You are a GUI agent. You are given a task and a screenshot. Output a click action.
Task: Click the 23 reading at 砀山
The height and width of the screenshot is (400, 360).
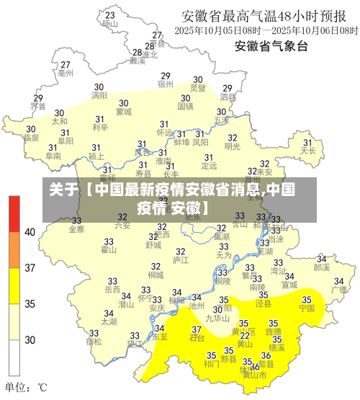pos(109,14)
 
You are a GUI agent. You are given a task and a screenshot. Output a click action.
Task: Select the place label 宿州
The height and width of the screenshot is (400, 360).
pos(166,84)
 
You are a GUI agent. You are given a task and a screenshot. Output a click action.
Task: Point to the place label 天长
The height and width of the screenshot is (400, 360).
pos(308,151)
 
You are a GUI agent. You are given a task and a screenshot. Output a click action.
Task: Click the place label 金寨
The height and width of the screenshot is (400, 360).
pos(76,229)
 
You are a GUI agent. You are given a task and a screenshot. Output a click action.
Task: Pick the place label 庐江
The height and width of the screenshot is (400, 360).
pos(180,259)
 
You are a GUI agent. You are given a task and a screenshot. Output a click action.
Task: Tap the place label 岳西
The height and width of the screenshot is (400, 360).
pos(112,289)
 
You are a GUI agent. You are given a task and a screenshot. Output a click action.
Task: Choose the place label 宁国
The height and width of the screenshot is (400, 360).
pos(307,308)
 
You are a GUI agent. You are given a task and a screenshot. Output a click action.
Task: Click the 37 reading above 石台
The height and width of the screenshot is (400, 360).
pos(196,329)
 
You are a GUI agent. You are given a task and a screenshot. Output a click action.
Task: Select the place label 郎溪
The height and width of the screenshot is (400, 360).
pos(322,267)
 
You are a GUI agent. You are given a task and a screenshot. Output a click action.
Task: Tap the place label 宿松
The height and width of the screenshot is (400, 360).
pos(94,342)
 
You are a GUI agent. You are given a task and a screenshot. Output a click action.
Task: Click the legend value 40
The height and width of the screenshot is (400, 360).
pos(30,232)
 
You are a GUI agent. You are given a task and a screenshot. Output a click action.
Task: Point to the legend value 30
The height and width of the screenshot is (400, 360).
pos(30,339)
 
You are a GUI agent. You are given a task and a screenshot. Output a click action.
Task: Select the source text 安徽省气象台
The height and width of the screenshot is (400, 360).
pos(271,47)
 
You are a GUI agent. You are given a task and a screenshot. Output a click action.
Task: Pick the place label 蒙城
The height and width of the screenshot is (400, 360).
pos(124,112)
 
